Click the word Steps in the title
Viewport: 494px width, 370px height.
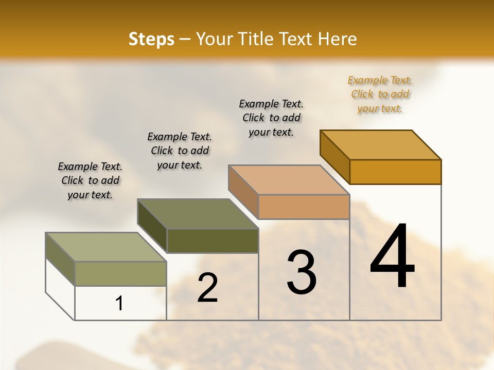tap(151, 39)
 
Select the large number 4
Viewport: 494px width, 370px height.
tap(392, 256)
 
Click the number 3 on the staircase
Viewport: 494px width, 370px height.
tap(302, 272)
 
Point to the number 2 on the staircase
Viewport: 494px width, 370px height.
tap(207, 288)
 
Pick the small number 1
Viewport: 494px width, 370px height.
tap(119, 304)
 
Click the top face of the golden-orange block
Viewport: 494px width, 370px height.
tap(381, 144)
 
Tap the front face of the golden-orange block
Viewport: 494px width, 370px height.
tap(395, 172)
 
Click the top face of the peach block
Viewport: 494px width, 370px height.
tap(289, 179)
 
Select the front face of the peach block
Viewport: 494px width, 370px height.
tap(304, 207)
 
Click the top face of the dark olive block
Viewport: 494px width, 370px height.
tap(198, 213)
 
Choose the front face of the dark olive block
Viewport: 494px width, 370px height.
tap(213, 240)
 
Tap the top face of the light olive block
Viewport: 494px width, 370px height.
tap(106, 247)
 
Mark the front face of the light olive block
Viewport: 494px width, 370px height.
tap(120, 273)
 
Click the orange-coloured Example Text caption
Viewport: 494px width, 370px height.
tap(380, 94)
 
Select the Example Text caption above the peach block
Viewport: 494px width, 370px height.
tap(271, 118)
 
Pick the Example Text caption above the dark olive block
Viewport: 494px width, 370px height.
tap(180, 151)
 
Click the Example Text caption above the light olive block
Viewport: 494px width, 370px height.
tap(90, 180)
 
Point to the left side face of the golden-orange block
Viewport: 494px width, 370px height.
tap(334, 156)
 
